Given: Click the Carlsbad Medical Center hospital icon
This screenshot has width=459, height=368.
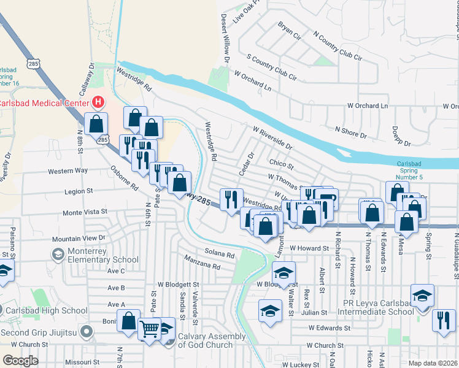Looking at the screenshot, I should (97, 102).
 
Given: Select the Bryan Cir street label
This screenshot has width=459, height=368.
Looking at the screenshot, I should (290, 31).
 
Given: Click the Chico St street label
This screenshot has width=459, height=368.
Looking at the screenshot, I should (282, 164).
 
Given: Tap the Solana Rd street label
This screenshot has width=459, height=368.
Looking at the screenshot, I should (220, 255).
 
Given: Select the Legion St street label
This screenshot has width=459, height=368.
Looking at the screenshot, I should (78, 191).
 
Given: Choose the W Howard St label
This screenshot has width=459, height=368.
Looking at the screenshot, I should (310, 248).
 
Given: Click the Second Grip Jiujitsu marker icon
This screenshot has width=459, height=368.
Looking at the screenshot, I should (87, 333).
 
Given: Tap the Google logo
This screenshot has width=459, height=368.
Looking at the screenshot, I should (20, 361).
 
